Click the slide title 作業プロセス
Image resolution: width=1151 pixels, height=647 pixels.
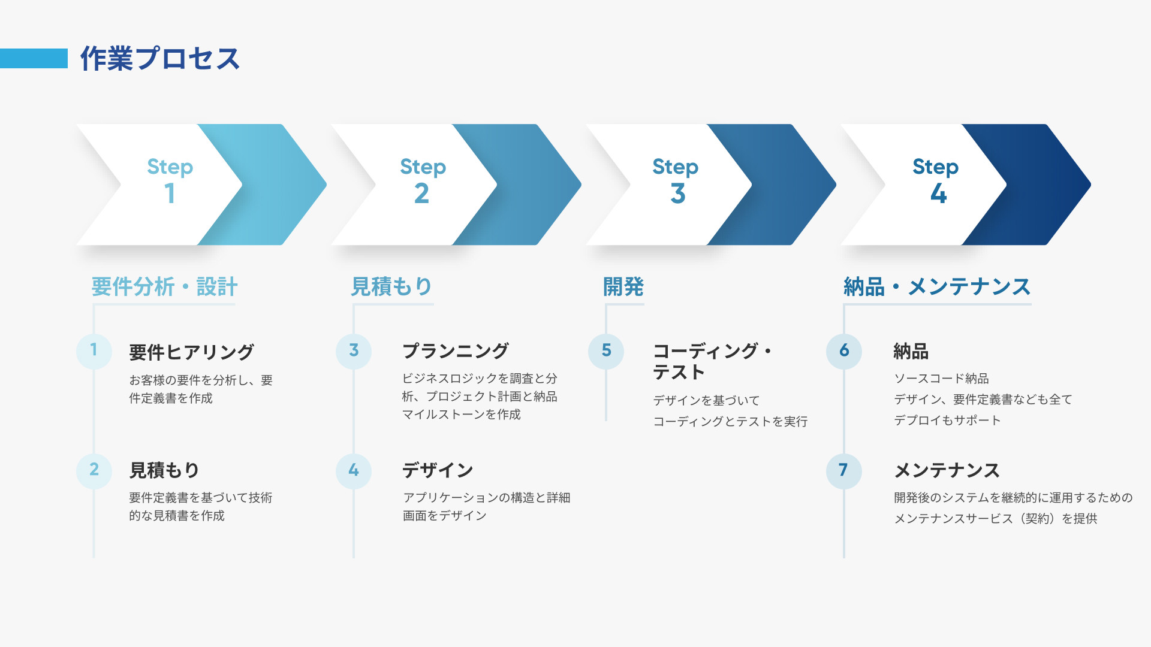160,59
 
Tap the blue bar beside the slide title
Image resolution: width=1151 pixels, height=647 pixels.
34,59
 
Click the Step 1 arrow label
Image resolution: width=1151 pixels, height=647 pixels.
170,180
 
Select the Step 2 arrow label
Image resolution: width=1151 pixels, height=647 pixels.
423,180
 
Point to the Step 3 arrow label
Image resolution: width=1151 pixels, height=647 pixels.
676,180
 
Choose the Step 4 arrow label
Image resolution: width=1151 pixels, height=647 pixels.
936,180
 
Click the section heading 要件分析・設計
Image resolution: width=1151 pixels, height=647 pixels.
164,287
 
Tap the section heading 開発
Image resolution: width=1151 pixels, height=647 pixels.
623,287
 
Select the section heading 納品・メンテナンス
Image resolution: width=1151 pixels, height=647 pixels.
937,287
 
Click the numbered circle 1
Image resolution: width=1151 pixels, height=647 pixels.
94,350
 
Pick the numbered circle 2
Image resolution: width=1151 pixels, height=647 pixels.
94,470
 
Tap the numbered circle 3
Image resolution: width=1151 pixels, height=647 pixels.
354,350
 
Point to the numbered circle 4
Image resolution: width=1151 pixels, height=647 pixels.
354,470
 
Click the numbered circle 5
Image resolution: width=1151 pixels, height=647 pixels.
606,350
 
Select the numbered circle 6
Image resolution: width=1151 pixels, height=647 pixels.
844,350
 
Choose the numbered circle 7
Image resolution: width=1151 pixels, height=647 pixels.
844,470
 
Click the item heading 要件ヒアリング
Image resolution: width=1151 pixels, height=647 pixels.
192,352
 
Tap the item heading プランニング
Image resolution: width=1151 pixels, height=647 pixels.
456,351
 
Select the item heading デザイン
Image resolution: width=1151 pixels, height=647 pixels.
438,471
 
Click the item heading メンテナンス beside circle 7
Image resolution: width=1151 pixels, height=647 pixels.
947,471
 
